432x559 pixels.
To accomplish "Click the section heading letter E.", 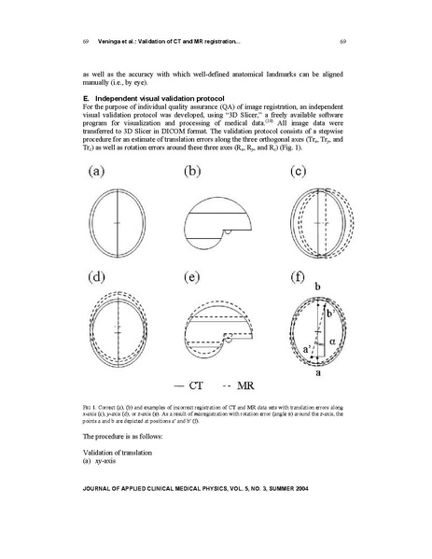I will [x=85, y=97].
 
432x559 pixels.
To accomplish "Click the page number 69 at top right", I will [x=342, y=41].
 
